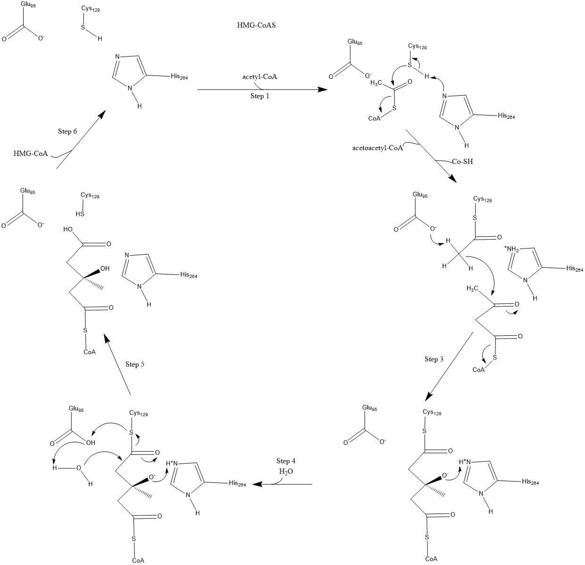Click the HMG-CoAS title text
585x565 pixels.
point(256,26)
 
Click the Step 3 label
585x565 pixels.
point(434,359)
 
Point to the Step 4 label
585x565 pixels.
point(286,461)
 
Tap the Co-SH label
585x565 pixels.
point(461,161)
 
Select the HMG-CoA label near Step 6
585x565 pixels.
point(31,153)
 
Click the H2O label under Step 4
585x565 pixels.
point(286,471)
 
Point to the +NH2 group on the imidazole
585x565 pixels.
point(511,249)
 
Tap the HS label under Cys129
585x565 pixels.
point(80,214)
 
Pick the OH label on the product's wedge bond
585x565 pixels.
point(105,269)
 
